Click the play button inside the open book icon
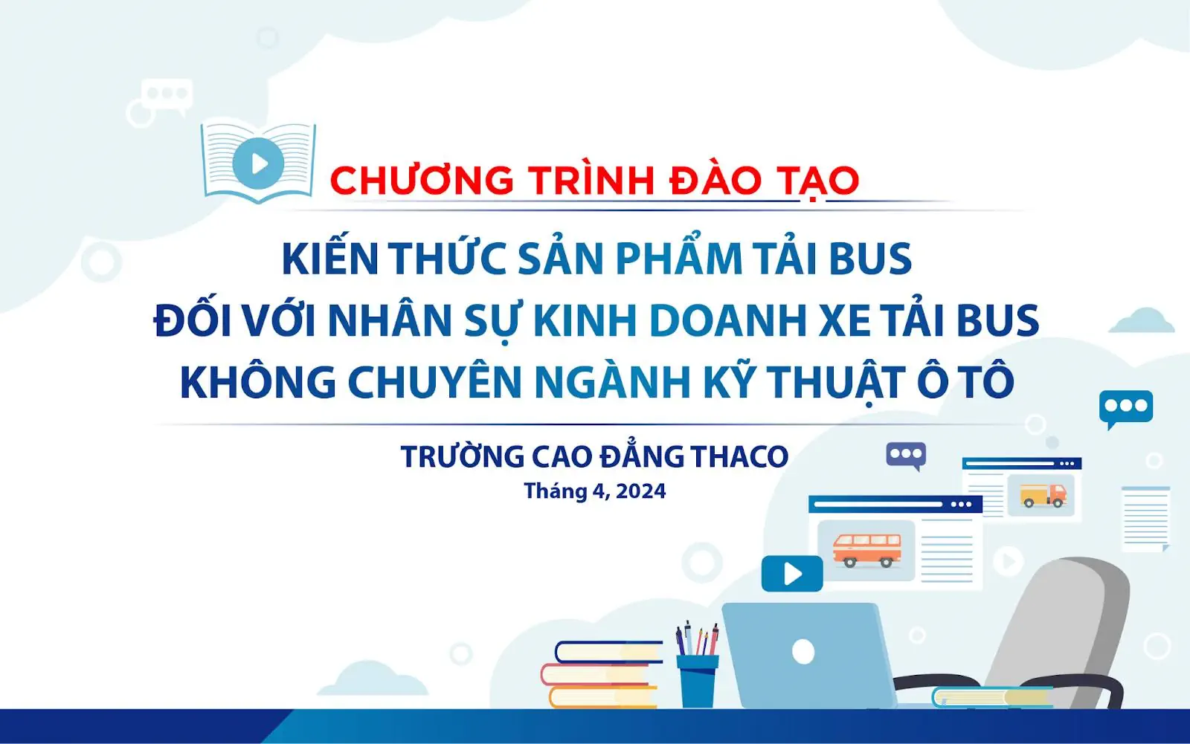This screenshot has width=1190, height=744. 258,163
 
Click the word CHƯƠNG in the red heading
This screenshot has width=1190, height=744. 422,181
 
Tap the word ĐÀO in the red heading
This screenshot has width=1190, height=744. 715,181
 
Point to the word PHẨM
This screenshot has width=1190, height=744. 678,259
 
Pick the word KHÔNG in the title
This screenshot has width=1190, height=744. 258,382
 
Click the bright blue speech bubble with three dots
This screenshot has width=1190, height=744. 1125,407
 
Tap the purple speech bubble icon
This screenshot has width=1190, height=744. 905,454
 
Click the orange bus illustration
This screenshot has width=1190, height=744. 866,549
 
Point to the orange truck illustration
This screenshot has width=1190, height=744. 1042,494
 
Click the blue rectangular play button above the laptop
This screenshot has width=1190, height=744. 792,574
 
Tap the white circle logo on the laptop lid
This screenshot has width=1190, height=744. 803,651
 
